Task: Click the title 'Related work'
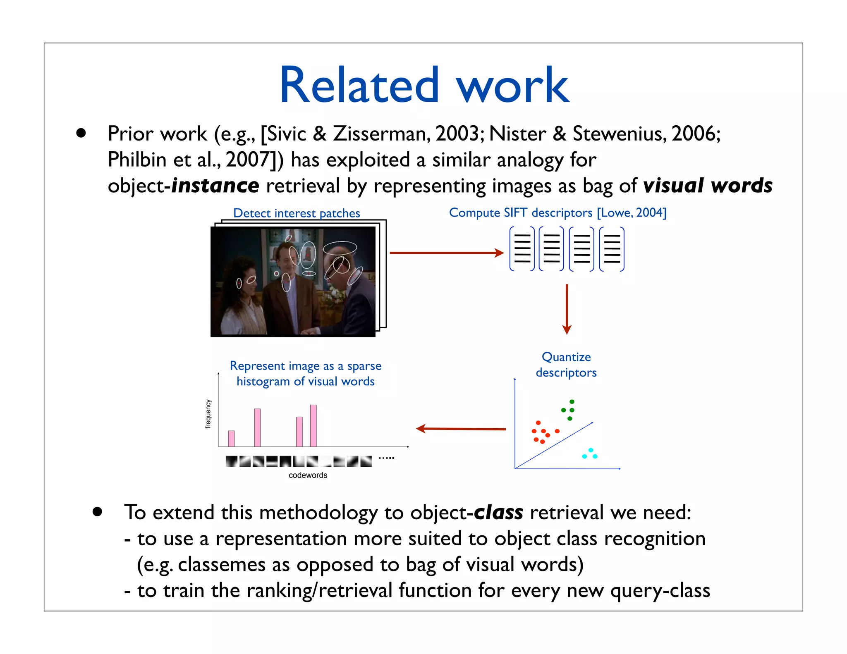(x=424, y=86)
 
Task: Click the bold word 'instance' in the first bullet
(x=215, y=186)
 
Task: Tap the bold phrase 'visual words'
(x=708, y=186)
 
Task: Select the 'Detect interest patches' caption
(x=297, y=213)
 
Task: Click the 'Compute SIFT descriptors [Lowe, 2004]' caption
(x=557, y=212)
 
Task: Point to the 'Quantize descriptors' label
(x=566, y=365)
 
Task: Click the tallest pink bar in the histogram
(x=313, y=426)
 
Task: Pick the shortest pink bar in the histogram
(x=231, y=439)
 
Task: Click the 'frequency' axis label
(x=208, y=414)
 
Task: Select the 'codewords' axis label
(x=308, y=475)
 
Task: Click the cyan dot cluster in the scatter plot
(x=590, y=454)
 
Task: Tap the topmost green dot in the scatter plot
(x=572, y=402)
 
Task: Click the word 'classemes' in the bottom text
(x=221, y=565)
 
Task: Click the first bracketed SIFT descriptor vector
(x=522, y=249)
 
